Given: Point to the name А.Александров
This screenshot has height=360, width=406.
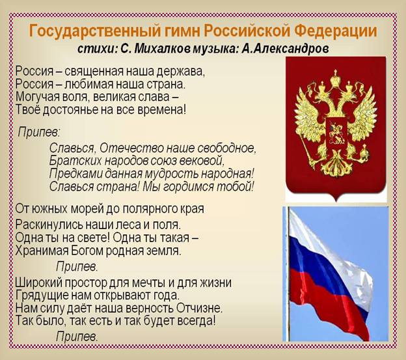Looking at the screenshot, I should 285,48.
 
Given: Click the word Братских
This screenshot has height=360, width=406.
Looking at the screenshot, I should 73,160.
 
